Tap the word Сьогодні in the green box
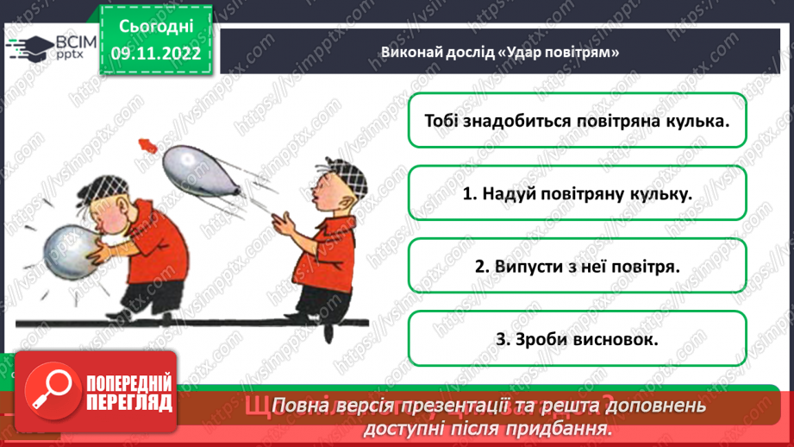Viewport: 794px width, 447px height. pos(156,27)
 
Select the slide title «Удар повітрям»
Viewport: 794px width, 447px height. pos(501,53)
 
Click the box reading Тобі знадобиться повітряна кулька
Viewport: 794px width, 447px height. pos(577,120)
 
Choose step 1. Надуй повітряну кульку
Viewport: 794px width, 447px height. pos(577,193)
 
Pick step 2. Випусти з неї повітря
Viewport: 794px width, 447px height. pos(577,267)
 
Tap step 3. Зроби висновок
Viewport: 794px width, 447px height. pos(577,339)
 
